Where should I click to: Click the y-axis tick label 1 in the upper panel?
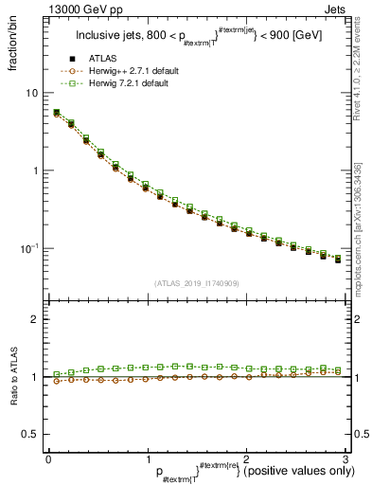click(x=35, y=171)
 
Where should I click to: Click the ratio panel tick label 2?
click(x=35, y=319)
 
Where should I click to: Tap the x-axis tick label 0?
click(x=48, y=459)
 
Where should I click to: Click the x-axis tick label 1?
click(x=147, y=459)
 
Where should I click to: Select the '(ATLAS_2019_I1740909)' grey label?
click(x=195, y=283)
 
